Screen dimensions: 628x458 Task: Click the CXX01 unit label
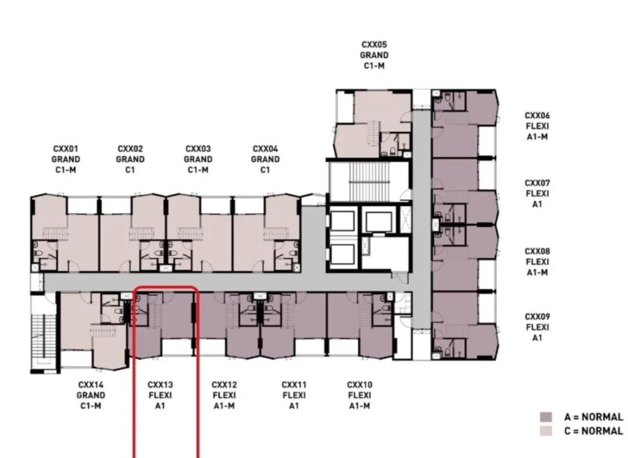66,149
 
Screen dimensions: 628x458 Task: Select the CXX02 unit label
130,149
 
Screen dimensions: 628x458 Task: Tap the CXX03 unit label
198,149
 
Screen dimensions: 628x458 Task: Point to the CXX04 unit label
265,149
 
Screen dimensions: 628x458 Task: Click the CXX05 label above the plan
374,45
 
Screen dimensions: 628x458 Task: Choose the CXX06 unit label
537,115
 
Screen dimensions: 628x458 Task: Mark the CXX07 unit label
537,183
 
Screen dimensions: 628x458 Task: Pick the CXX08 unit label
537,251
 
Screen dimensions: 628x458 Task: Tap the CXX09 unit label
537,316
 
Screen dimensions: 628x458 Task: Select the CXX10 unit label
359,385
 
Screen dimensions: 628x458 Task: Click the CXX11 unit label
294,385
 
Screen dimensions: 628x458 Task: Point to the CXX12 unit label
224,385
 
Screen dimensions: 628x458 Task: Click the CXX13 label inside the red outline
160,385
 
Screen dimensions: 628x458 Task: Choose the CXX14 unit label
91,385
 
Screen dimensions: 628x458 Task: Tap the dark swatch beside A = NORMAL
546,417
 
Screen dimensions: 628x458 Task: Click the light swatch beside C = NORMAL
546,431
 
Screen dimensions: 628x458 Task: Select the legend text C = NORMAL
594,431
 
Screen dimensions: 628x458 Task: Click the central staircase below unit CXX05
369,182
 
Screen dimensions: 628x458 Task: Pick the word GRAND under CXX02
130,159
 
